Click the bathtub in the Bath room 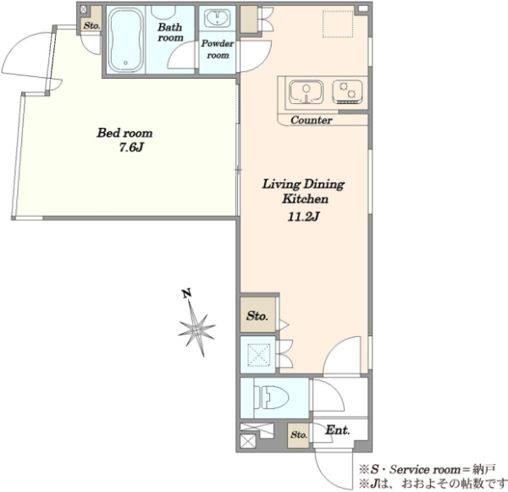125,40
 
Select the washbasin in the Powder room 218,19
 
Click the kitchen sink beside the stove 306,92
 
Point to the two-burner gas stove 347,91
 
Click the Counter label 312,120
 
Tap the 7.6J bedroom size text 131,148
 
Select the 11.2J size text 304,217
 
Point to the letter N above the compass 186,293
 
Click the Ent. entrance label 338,430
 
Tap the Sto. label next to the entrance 299,434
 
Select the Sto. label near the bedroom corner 92,25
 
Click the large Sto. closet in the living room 257,315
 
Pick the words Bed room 124,133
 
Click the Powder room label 218,49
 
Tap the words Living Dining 303,185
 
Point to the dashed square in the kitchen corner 338,24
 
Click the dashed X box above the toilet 258,355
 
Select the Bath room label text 170,32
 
